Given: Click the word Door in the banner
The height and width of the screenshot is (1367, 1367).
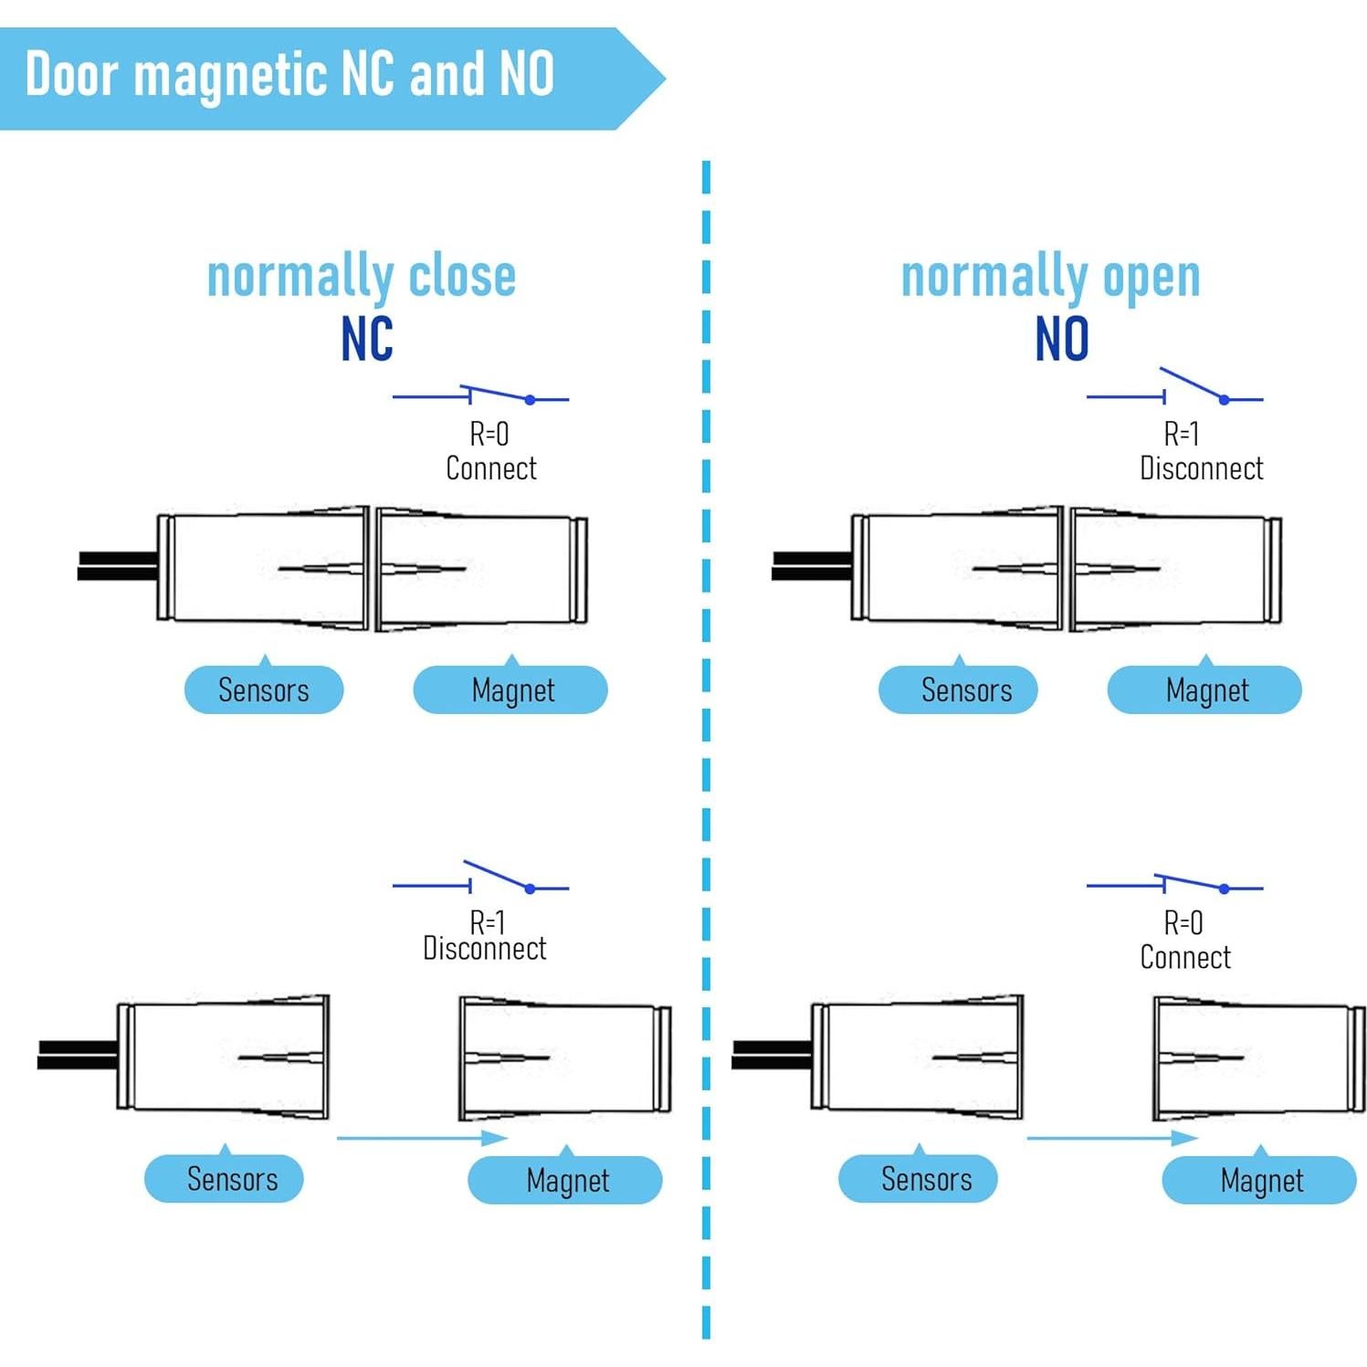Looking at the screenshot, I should click(x=71, y=74).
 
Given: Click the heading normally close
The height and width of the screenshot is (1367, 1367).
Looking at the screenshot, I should click(x=362, y=276).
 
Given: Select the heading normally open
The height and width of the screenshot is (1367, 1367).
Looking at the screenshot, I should click(x=1050, y=277).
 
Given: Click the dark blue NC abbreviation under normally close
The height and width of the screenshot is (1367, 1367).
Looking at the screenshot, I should click(x=367, y=339).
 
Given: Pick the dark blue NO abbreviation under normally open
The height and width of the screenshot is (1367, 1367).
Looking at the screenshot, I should click(x=1062, y=339).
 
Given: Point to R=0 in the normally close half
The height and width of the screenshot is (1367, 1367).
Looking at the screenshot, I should click(x=489, y=434).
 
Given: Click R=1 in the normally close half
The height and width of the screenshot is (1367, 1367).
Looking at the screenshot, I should click(x=488, y=921).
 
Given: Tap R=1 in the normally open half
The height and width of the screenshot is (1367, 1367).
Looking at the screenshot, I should click(x=1182, y=434).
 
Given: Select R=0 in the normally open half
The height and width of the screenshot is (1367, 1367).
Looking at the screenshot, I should click(x=1183, y=923).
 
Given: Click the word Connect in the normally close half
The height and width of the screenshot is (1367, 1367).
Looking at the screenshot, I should click(x=491, y=468).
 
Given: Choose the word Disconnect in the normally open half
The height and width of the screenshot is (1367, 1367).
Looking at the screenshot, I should click(x=1201, y=468).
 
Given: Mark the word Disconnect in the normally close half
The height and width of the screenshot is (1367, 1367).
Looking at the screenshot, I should click(x=485, y=949).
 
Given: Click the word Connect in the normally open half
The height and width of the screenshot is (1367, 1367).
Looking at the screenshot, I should click(x=1185, y=957).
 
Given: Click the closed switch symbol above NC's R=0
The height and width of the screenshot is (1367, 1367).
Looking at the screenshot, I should click(x=480, y=396).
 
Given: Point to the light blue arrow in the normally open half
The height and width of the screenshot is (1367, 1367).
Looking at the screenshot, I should click(x=1112, y=1138).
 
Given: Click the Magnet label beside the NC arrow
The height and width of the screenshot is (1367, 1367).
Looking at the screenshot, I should click(x=567, y=1181).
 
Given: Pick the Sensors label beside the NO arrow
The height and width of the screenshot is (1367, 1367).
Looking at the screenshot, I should click(x=926, y=1179).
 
